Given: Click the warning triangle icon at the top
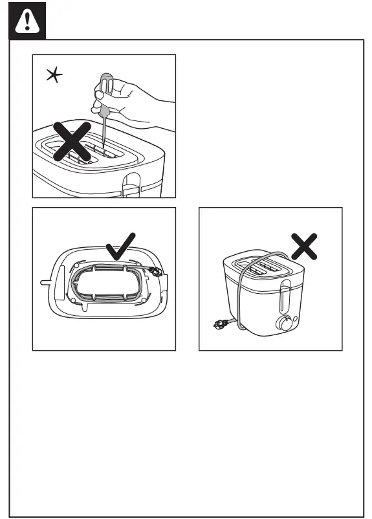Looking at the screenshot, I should pyautogui.click(x=27, y=21).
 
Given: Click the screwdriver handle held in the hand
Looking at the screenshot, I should pyautogui.click(x=105, y=87).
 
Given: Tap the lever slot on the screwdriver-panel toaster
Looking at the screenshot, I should pyautogui.click(x=131, y=183).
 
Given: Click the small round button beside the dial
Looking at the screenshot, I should pyautogui.click(x=295, y=318).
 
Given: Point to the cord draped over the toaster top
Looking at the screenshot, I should pyautogui.click(x=259, y=258).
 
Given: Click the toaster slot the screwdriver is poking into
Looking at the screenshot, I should pyautogui.click(x=104, y=151).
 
